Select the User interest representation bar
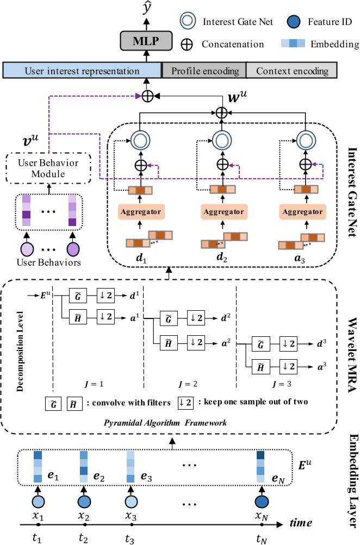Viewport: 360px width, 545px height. tap(82, 71)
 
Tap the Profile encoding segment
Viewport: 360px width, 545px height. tap(204, 71)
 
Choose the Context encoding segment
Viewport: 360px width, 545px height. tap(292, 71)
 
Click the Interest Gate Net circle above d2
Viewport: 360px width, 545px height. tap(221, 140)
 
